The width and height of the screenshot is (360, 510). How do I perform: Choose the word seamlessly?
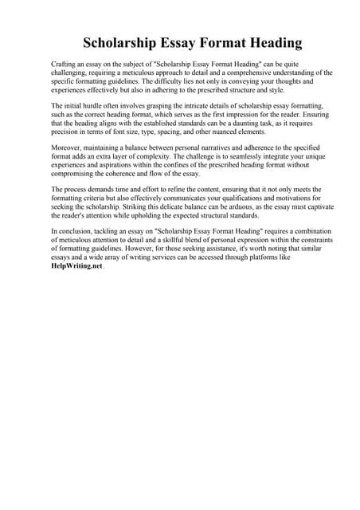(257, 157)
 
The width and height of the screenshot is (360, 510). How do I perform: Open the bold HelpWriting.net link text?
(71, 266)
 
